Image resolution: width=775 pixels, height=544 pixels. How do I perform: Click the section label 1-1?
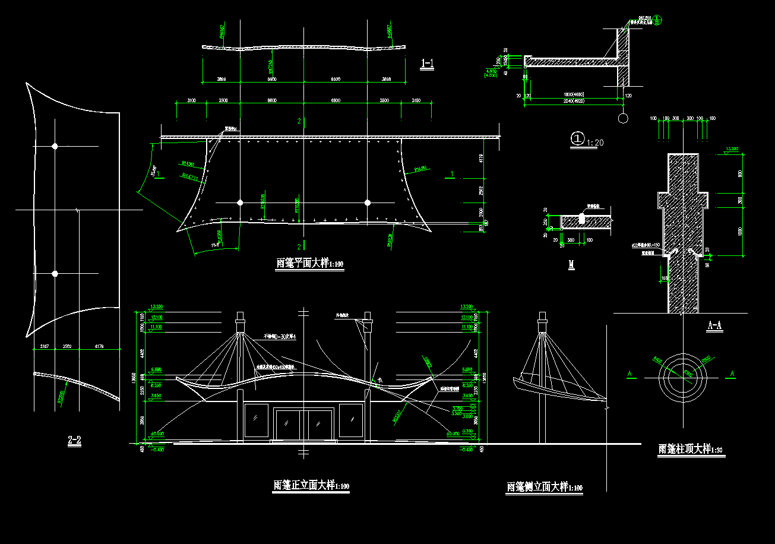pyautogui.click(x=427, y=63)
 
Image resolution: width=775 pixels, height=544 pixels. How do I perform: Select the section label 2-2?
pyautogui.click(x=74, y=440)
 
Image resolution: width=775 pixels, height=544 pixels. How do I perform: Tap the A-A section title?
pyautogui.click(x=715, y=325)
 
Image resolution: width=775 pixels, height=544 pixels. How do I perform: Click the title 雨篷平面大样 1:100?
pyautogui.click(x=309, y=263)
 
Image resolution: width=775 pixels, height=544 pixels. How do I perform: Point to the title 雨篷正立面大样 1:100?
pyautogui.click(x=311, y=485)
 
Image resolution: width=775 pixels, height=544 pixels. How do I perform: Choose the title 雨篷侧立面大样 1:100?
pyautogui.click(x=544, y=487)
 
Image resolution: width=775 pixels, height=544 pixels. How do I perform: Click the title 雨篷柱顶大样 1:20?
pyautogui.click(x=691, y=449)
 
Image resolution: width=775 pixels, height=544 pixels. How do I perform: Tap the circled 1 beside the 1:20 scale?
pyautogui.click(x=577, y=138)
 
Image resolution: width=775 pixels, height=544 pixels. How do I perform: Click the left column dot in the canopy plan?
pyautogui.click(x=240, y=203)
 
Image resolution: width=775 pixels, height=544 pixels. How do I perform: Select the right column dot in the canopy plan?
pyautogui.click(x=368, y=203)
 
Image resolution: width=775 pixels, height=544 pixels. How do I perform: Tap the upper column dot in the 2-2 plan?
pyautogui.click(x=55, y=146)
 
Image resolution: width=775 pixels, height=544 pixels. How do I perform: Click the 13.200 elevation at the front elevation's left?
pyautogui.click(x=157, y=306)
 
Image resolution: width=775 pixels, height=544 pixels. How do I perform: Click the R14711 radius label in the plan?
pyautogui.click(x=190, y=176)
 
